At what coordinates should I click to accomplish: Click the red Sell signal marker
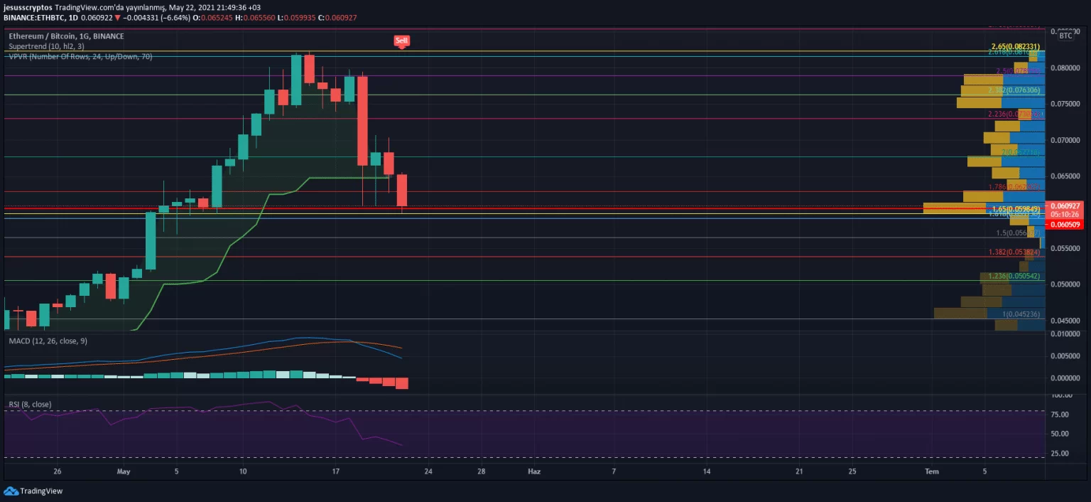tap(402, 41)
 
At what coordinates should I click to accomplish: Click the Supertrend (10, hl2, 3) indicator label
tap(46, 46)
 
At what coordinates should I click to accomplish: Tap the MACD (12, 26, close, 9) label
tap(48, 341)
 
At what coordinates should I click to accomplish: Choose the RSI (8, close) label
tap(30, 405)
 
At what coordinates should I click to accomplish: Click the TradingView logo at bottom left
tap(33, 491)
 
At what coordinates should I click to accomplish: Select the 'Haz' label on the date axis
tap(533, 471)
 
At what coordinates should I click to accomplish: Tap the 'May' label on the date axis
tap(124, 471)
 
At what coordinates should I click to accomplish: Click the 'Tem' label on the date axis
tap(931, 471)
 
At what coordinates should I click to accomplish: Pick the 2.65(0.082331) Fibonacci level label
tap(1015, 47)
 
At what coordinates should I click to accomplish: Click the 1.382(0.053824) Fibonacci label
tap(1014, 252)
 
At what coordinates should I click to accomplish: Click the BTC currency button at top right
tap(1065, 36)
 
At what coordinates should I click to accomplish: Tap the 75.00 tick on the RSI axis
tap(1061, 415)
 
